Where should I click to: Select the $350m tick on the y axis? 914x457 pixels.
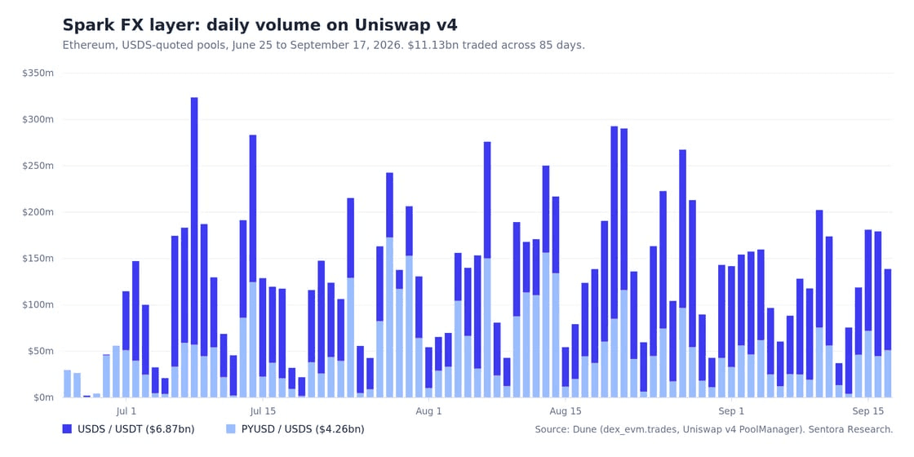[38, 73]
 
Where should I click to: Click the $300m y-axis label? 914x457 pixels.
[38, 119]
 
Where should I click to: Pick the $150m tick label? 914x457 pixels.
[38, 258]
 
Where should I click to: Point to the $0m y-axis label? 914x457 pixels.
[42, 397]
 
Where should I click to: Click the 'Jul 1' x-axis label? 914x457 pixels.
[126, 411]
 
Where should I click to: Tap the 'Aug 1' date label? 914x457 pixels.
[428, 411]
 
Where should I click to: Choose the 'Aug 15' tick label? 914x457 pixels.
[566, 411]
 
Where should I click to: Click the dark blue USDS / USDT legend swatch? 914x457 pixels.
[67, 429]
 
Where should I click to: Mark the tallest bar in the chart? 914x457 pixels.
[194, 247]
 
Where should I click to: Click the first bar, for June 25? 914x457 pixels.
[67, 384]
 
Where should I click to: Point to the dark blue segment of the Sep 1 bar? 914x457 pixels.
[732, 317]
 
